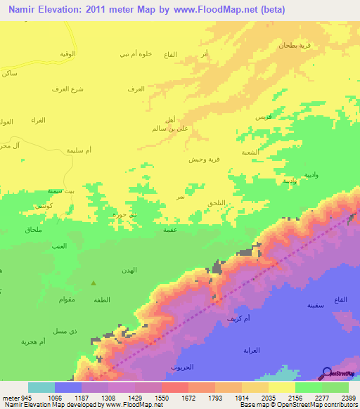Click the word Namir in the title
coord(22,8)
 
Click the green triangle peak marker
coord(94,283)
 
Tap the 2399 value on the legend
coord(348,397)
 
